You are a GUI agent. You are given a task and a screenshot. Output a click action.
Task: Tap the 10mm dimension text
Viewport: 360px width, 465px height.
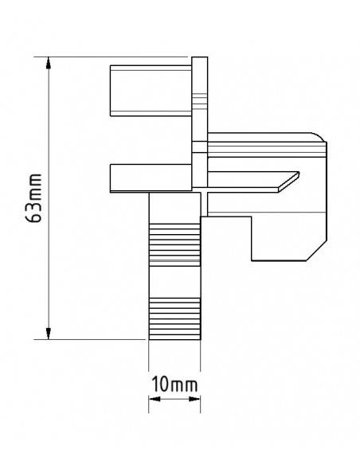(x=174, y=386)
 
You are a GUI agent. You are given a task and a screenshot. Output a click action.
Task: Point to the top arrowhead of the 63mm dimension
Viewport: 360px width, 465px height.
(x=50, y=63)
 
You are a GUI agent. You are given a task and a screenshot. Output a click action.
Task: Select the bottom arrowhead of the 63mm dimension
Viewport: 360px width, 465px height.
(x=50, y=332)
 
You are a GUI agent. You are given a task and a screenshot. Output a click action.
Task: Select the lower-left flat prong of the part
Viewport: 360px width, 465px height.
(x=151, y=177)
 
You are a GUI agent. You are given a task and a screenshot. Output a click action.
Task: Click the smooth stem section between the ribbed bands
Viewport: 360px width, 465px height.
(x=174, y=280)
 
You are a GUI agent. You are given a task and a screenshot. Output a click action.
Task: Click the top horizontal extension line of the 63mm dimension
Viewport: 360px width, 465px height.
(x=119, y=57)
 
